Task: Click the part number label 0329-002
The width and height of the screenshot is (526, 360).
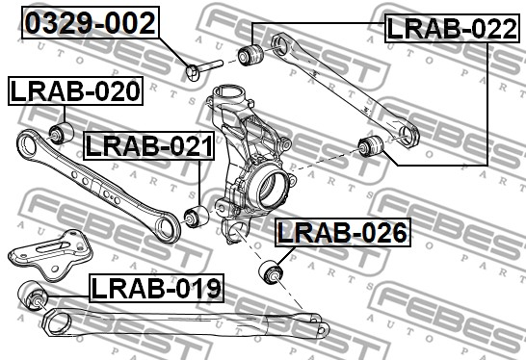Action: [91, 22]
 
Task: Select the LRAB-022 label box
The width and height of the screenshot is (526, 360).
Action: [452, 28]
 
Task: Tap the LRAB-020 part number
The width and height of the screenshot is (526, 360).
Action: [75, 90]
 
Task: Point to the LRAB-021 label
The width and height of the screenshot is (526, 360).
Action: [149, 145]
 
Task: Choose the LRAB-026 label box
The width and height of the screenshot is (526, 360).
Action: [343, 232]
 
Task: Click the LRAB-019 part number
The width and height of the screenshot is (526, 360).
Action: [156, 288]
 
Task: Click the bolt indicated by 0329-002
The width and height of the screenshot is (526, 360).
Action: [204, 69]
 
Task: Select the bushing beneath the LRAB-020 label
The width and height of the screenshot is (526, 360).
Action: [62, 133]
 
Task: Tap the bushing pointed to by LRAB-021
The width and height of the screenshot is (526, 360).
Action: [197, 217]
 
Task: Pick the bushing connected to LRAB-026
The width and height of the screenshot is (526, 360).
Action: [271, 271]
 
